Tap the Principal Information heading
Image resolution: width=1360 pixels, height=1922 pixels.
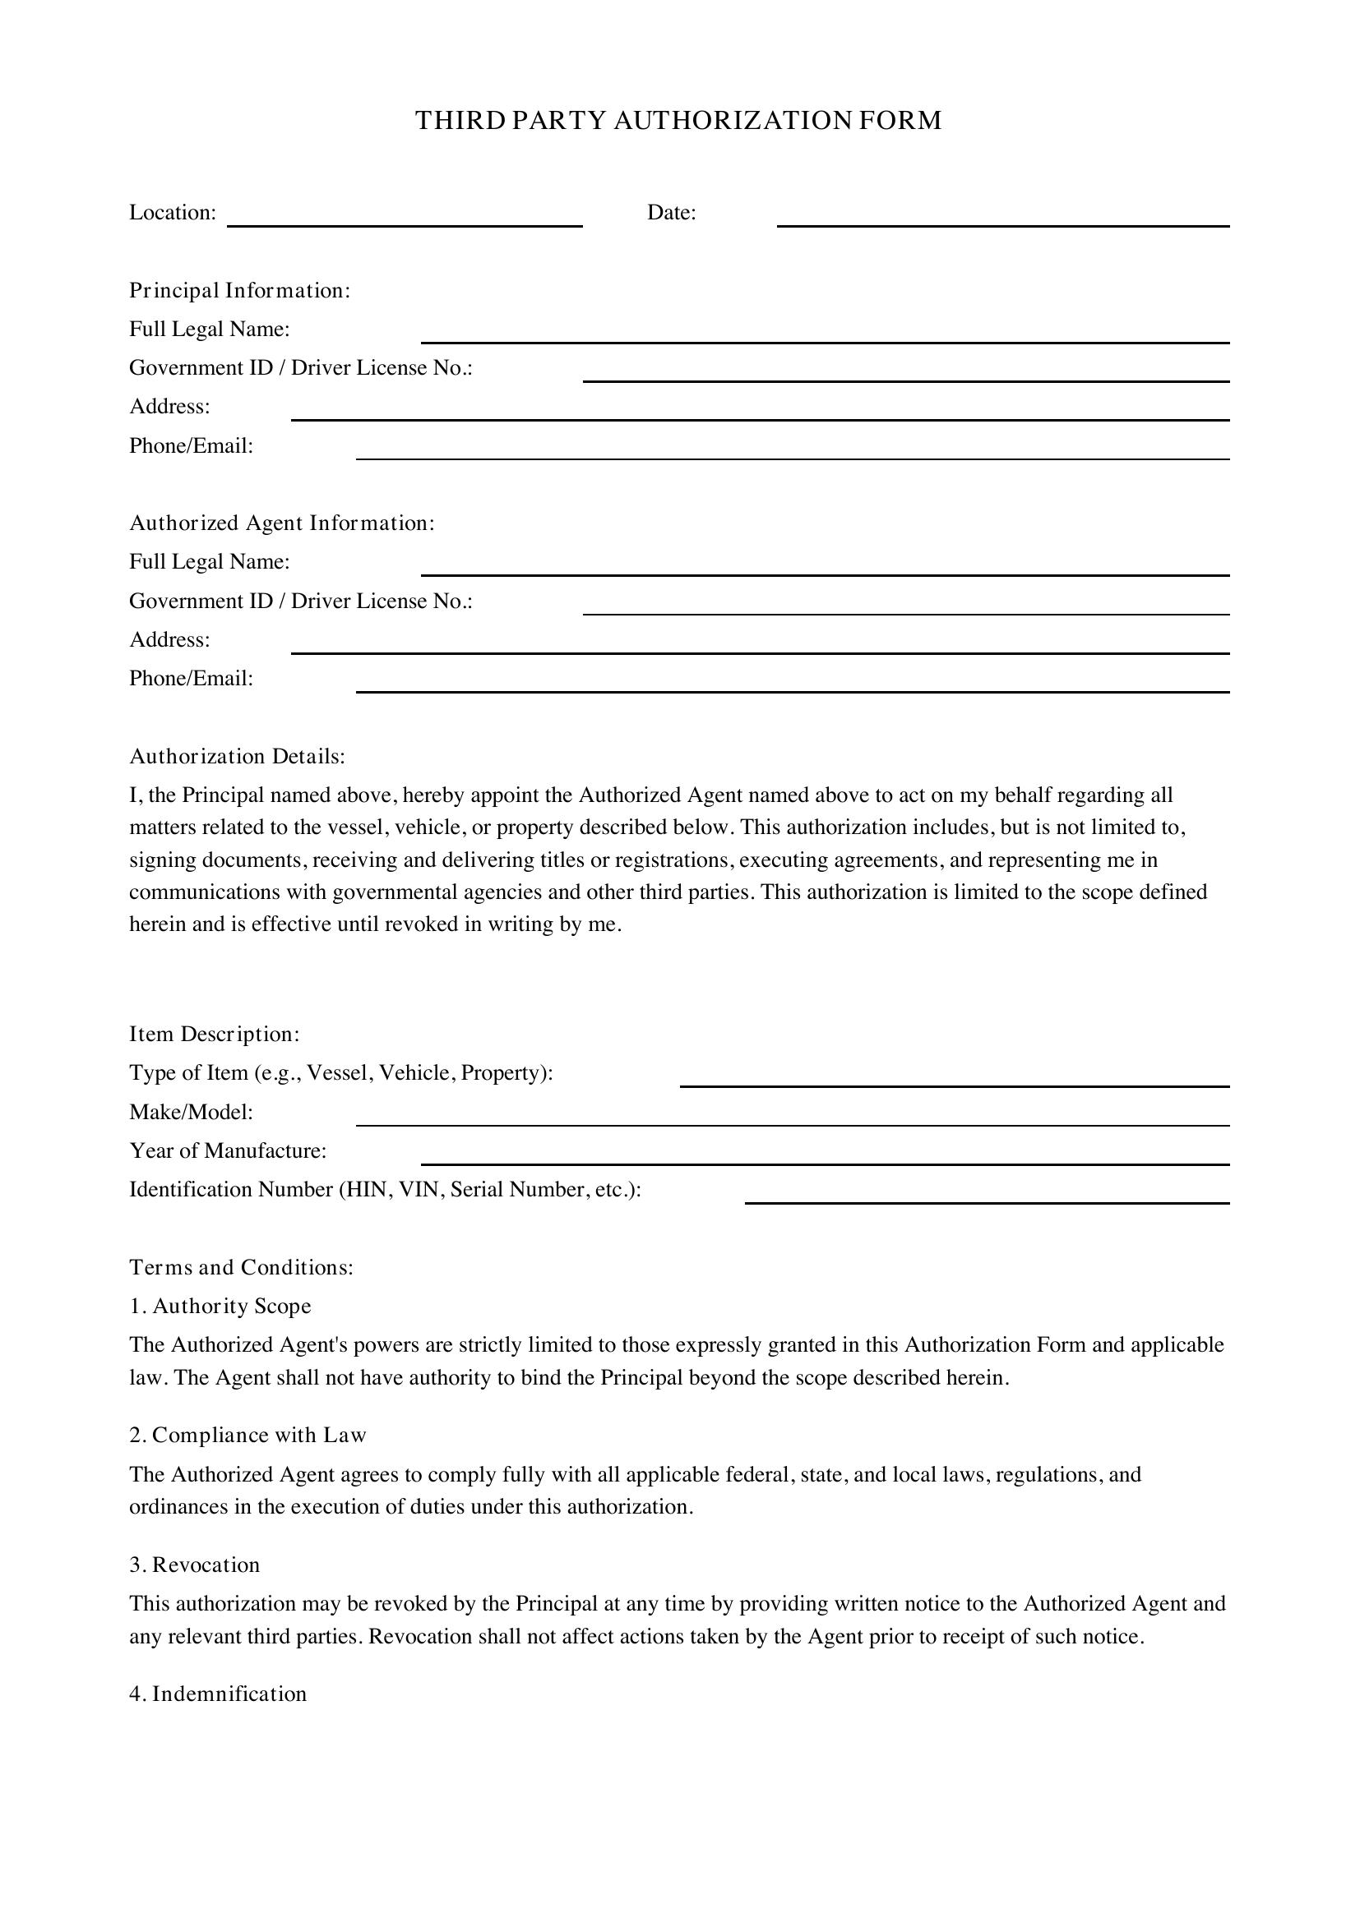tap(239, 290)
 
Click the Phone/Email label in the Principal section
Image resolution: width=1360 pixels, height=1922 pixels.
tap(191, 445)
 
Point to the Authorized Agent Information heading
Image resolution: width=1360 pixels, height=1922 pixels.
tap(282, 523)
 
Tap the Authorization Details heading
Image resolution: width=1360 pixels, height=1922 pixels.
tap(237, 757)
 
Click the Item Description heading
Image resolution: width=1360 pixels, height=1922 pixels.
tap(215, 1035)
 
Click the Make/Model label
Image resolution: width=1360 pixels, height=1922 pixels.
tap(191, 1113)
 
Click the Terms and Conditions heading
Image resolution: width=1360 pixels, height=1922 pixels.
tap(241, 1267)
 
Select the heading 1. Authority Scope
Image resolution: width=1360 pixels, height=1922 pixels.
tap(220, 1306)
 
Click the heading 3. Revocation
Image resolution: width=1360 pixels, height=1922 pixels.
tap(194, 1565)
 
